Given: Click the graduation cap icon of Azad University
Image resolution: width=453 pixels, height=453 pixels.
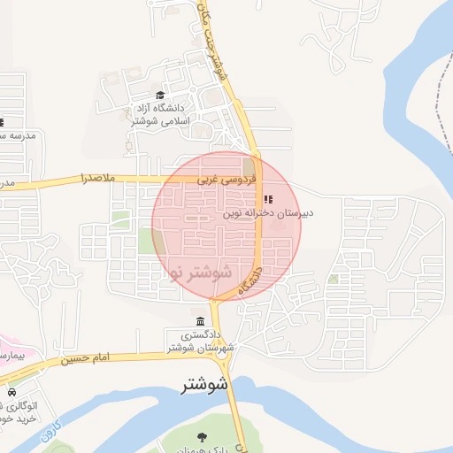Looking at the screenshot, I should click(160, 95).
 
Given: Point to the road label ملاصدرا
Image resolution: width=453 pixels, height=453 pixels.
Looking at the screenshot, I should click(97, 179).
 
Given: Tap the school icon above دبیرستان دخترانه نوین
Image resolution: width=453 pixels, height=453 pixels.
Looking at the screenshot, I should click(269, 199).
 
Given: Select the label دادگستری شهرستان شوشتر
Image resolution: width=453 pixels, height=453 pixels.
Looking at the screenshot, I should click(204, 342).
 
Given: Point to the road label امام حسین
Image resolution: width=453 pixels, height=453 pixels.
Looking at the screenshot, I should click(87, 358).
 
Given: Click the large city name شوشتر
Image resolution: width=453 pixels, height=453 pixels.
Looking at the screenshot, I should click(204, 385).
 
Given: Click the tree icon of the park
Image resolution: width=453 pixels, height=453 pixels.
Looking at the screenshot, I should click(202, 436).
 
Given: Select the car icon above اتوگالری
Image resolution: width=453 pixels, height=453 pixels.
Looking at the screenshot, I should click(12, 392).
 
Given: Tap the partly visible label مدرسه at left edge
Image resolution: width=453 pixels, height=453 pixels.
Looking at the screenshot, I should click(16, 135).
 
